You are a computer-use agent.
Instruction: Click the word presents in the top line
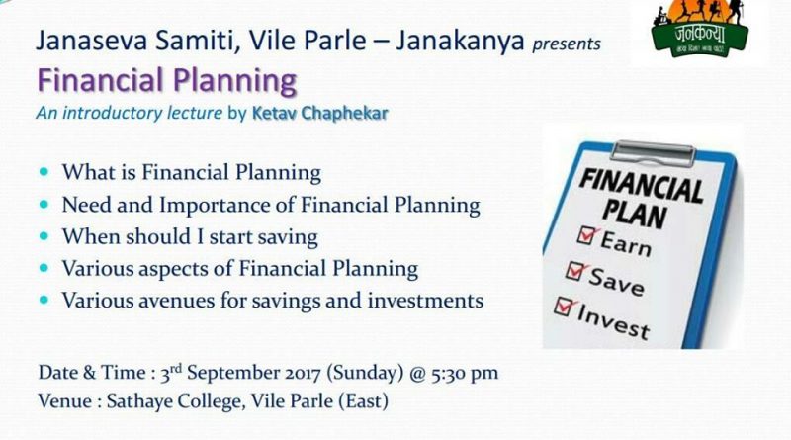pos(565,44)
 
